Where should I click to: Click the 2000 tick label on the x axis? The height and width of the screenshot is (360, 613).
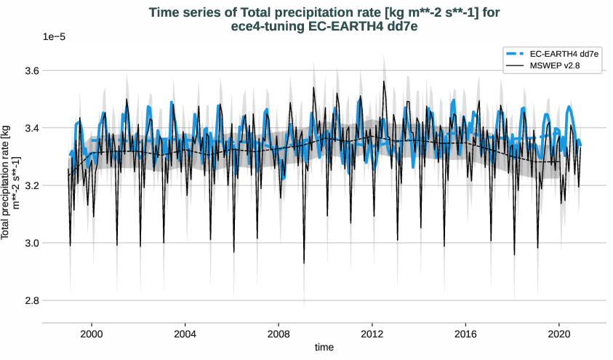click(92, 332)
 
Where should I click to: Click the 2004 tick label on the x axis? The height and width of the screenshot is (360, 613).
click(185, 332)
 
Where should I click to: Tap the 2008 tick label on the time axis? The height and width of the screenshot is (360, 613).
click(279, 332)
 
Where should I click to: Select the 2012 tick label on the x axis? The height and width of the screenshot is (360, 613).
click(372, 332)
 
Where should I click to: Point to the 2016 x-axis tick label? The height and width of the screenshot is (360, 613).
click(465, 332)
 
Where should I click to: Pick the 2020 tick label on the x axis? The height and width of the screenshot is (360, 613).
click(558, 332)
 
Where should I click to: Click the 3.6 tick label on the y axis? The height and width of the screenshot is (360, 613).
click(30, 71)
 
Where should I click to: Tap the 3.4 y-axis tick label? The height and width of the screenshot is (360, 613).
click(30, 128)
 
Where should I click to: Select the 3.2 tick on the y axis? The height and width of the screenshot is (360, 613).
click(30, 185)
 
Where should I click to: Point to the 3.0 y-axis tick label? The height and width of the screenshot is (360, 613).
click(30, 243)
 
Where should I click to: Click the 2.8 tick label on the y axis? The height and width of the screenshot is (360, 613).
click(30, 300)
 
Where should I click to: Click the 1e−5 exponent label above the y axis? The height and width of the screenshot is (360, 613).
click(54, 36)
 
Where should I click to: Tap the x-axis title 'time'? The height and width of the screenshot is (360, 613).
click(324, 348)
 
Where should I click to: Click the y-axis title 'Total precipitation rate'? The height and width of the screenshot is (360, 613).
click(10, 182)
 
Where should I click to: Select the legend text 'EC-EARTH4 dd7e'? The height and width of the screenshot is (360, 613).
click(564, 55)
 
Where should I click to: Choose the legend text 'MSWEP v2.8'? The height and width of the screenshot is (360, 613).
click(555, 66)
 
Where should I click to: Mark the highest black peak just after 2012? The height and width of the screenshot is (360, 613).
click(384, 81)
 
